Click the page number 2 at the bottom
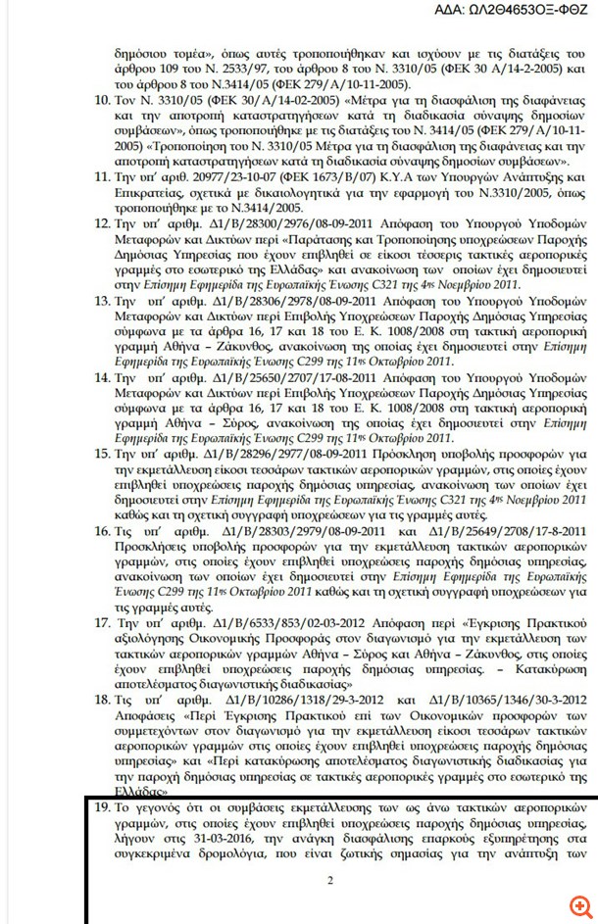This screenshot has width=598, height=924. [x=330, y=880]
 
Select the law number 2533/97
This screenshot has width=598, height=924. [x=294, y=71]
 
